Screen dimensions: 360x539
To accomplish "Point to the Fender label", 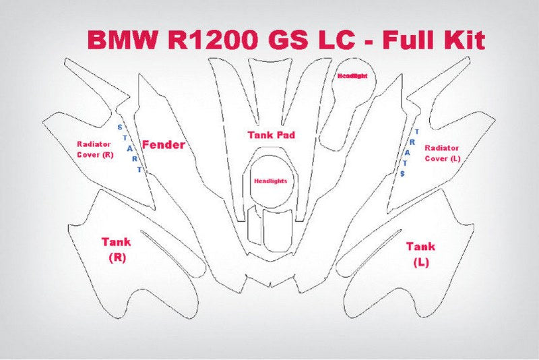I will [163, 144].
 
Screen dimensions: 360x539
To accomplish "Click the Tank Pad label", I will [271, 135].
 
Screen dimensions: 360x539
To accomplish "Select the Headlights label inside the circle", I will [270, 181].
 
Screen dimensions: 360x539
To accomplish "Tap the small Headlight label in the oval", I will [352, 76].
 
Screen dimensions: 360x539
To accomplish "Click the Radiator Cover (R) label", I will [94, 149].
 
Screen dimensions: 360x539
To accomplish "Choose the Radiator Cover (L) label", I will [442, 152].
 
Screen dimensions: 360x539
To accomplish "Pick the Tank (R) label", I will [116, 249].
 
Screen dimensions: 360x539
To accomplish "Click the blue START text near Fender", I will [130, 148].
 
